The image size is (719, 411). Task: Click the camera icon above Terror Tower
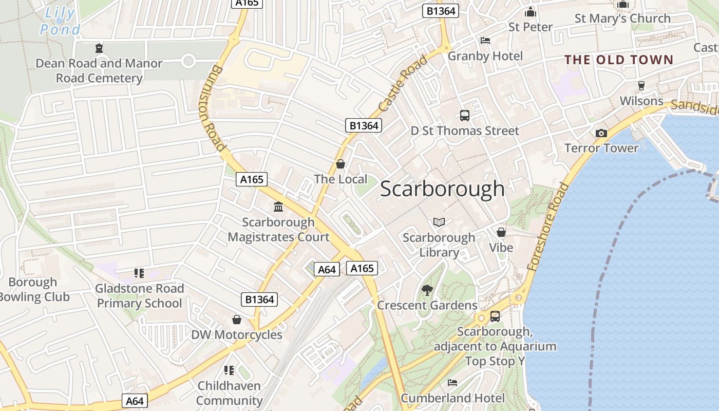(x=601, y=133)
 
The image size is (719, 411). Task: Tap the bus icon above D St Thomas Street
(x=465, y=116)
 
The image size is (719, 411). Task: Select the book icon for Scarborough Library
(x=439, y=222)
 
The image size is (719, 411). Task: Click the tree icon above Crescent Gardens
(x=427, y=290)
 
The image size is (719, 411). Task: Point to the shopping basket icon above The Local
(x=340, y=164)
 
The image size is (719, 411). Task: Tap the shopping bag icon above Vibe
(x=501, y=232)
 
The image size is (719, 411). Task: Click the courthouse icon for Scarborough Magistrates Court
(x=278, y=207)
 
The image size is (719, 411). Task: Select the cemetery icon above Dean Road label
(x=99, y=48)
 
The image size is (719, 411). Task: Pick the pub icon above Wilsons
(x=641, y=85)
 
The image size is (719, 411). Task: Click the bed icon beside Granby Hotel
(x=485, y=41)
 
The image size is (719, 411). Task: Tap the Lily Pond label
(x=60, y=21)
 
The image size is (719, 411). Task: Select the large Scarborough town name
(x=442, y=189)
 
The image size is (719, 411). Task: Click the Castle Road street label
(x=403, y=84)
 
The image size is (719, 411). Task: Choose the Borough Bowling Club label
(x=34, y=289)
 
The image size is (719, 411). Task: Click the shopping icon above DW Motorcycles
(x=237, y=320)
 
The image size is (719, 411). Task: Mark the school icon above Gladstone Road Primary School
(x=139, y=273)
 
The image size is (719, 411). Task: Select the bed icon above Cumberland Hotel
(x=452, y=383)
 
